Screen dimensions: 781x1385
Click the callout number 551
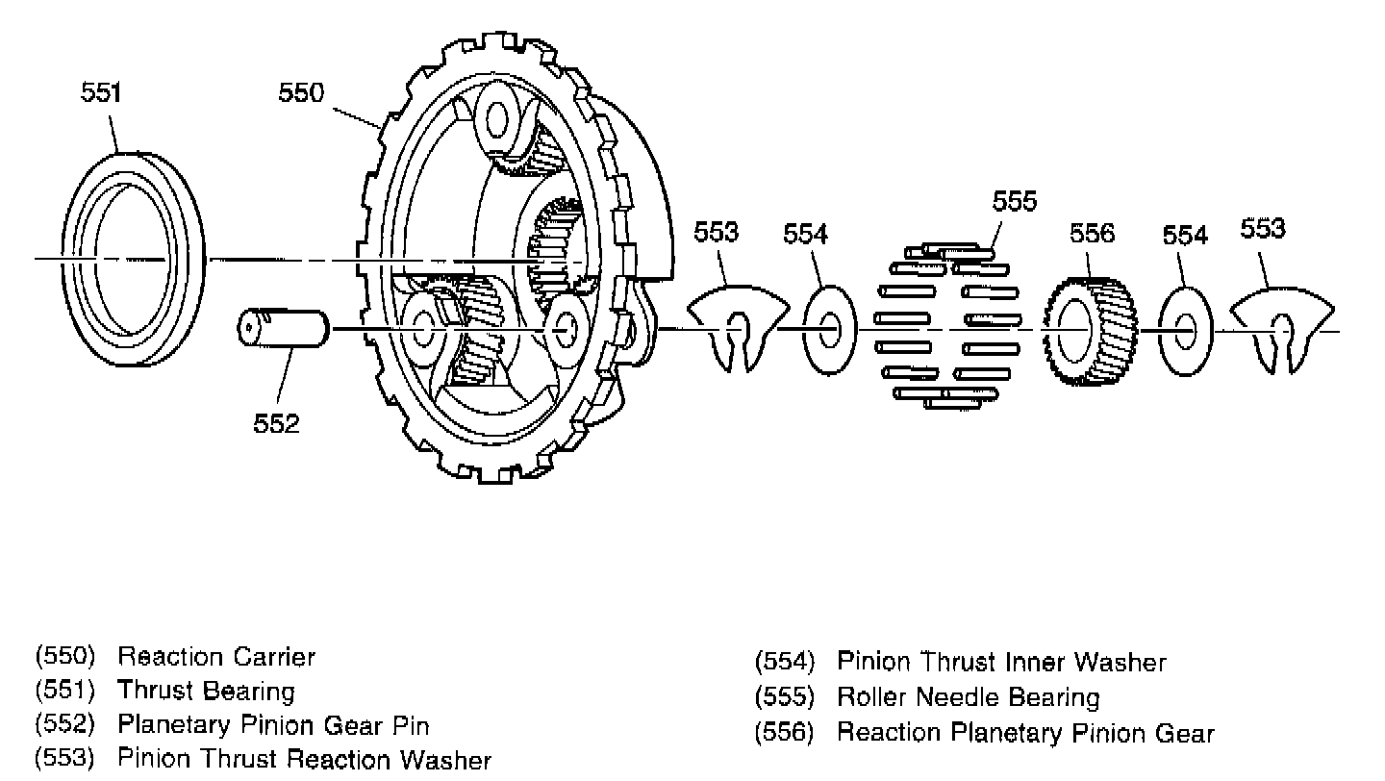(101, 93)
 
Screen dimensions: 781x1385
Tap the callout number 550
(301, 93)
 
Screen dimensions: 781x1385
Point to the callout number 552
(277, 422)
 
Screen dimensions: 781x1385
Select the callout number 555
(1015, 201)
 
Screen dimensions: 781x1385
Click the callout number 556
(1092, 233)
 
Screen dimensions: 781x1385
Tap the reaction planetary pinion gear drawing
(1090, 329)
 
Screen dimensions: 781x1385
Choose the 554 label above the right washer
(1185, 235)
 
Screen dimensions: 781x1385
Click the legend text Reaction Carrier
(216, 658)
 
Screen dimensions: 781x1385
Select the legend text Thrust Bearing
(206, 691)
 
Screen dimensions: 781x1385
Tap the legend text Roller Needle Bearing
(968, 696)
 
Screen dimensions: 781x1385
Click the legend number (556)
(785, 733)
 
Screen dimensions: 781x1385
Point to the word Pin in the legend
(414, 724)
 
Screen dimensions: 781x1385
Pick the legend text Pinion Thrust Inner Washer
(1001, 662)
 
